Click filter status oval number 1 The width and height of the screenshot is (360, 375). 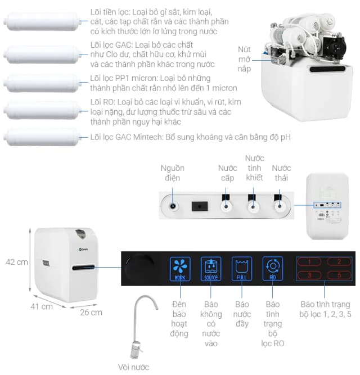(x=308, y=262)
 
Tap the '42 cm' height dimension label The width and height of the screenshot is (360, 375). (x=17, y=262)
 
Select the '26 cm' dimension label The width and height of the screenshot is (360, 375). (x=91, y=312)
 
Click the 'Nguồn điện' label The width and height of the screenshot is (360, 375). (x=172, y=173)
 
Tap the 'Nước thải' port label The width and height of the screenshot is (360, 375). (x=281, y=173)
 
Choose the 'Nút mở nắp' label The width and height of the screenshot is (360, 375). (x=244, y=58)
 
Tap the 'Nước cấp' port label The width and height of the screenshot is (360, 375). (x=227, y=173)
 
